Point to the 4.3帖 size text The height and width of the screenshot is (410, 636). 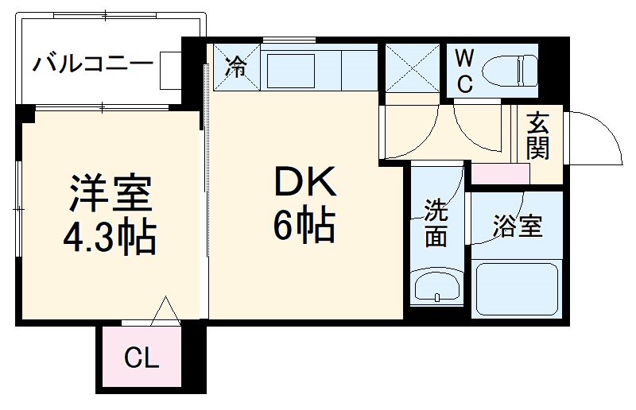click(x=111, y=236)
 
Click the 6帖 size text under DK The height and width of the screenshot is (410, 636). click(x=304, y=227)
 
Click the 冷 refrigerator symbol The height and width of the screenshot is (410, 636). click(x=236, y=68)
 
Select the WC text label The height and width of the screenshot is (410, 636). click(x=466, y=70)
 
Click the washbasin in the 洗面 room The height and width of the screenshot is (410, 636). click(x=436, y=286)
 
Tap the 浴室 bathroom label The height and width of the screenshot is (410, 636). click(x=517, y=227)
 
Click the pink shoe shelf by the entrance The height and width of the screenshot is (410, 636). click(x=500, y=173)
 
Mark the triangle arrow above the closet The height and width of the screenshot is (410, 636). click(x=166, y=310)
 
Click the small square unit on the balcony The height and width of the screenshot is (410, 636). click(x=170, y=71)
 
